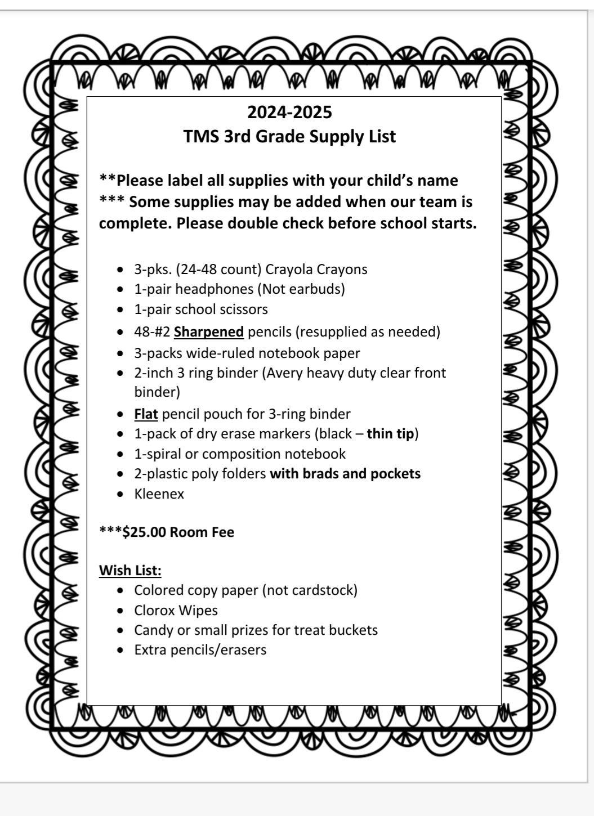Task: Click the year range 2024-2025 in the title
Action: [289, 113]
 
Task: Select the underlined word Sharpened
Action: [209, 332]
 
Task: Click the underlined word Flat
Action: [146, 414]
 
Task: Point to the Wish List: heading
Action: [130, 571]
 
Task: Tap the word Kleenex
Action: [159, 494]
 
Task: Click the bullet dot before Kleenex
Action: [120, 495]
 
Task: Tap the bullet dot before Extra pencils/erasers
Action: [120, 651]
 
